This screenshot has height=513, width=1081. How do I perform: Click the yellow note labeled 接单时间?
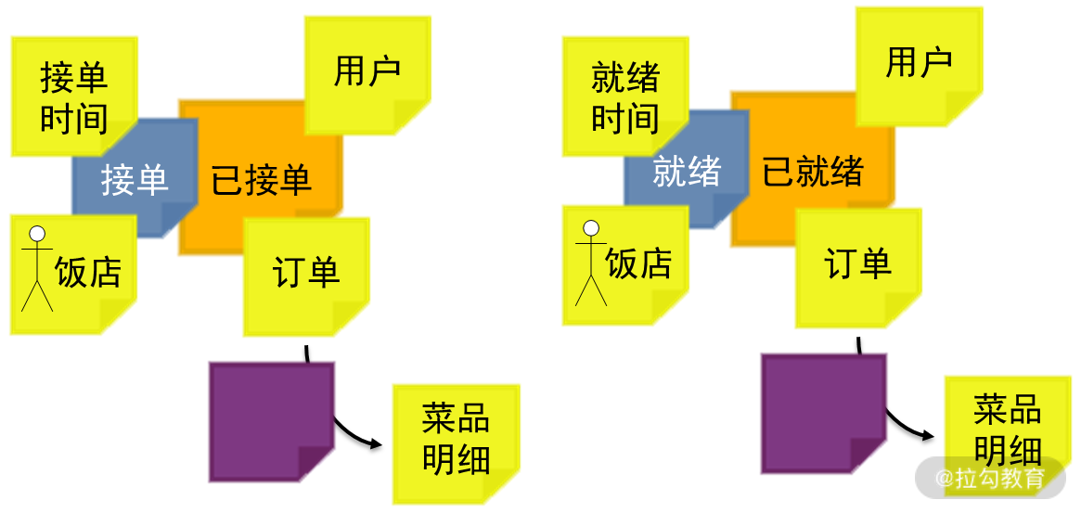click(73, 96)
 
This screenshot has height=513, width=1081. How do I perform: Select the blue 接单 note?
click(134, 179)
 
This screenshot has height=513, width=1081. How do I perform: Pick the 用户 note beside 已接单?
click(367, 72)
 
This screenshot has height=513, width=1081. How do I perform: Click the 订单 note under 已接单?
click(305, 273)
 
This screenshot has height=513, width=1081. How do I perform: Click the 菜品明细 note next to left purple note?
click(455, 440)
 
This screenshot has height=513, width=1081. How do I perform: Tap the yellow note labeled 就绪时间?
click(624, 96)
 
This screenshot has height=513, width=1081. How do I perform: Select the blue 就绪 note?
click(686, 172)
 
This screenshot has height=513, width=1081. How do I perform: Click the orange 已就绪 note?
click(812, 172)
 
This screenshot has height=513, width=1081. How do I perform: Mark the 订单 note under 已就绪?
click(857, 264)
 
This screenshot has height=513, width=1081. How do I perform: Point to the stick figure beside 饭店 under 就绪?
click(590, 262)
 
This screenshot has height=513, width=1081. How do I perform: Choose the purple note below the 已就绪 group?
click(821, 412)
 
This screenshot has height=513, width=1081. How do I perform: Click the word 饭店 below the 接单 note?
click(88, 272)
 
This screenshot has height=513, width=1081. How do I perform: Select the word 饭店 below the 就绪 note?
click(638, 263)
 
